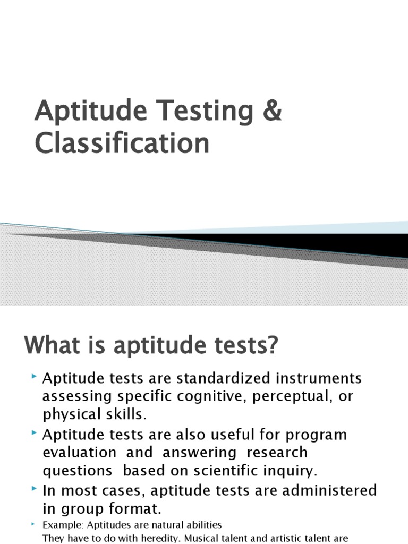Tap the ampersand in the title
272,112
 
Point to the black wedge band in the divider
319,243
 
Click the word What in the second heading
53,346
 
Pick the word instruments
319,379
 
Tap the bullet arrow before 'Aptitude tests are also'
34,433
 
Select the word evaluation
80,453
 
